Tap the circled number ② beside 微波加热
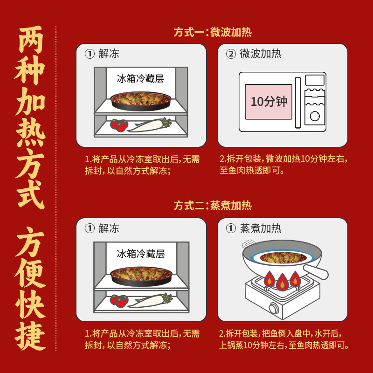[231, 54]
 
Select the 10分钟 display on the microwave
[269, 102]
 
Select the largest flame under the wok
[282, 283]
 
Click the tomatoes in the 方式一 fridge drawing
[119, 125]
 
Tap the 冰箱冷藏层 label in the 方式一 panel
[140, 78]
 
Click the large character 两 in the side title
[31, 42]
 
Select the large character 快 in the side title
[31, 304]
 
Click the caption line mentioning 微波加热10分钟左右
[283, 159]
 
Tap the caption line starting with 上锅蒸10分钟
[284, 345]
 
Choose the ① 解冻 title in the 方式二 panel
[102, 228]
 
